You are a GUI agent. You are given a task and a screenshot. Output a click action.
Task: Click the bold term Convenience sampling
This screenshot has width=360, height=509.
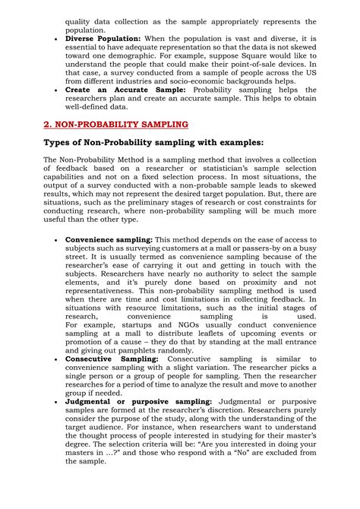coord(109,239)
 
